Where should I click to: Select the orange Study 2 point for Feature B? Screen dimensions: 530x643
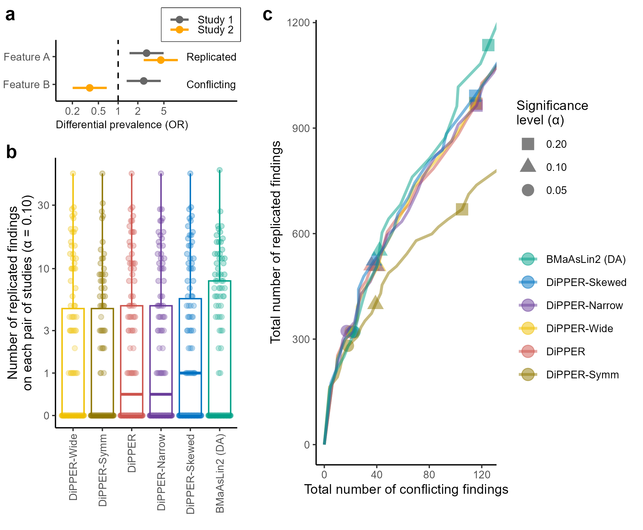(x=90, y=88)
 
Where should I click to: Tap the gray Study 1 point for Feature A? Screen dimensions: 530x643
(x=146, y=53)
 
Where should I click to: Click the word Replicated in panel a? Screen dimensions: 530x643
(x=211, y=57)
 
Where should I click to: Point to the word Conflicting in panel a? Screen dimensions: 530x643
(x=211, y=85)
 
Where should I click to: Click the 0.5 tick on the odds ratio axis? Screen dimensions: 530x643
(x=98, y=111)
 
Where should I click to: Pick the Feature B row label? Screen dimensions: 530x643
(x=26, y=85)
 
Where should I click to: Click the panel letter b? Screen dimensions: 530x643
(x=11, y=152)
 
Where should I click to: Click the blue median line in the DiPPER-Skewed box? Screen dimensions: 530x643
(x=190, y=373)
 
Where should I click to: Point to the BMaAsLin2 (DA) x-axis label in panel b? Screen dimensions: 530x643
(x=220, y=473)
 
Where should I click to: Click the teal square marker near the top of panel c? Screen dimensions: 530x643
(x=488, y=45)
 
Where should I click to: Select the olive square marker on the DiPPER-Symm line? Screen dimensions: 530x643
(x=462, y=209)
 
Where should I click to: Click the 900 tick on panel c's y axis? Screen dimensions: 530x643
(x=301, y=128)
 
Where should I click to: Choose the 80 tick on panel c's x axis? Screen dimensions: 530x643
(x=429, y=474)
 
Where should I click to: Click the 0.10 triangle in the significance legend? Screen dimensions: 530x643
(x=528, y=166)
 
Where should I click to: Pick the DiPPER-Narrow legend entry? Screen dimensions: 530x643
(x=584, y=305)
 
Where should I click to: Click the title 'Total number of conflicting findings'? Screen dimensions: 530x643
(x=406, y=490)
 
